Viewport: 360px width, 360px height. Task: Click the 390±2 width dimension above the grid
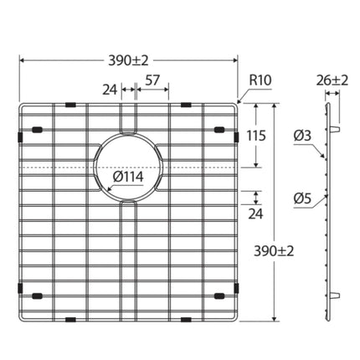pos(128,60)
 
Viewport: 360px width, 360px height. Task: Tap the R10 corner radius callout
pos(259,81)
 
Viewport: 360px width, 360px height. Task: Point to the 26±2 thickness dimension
pos(334,81)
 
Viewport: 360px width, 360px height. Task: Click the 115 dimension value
pos(257,134)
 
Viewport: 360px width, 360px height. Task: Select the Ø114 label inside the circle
pos(128,177)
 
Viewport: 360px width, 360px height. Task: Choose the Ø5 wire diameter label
pos(302,198)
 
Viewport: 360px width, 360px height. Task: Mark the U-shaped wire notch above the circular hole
pos(127,120)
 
